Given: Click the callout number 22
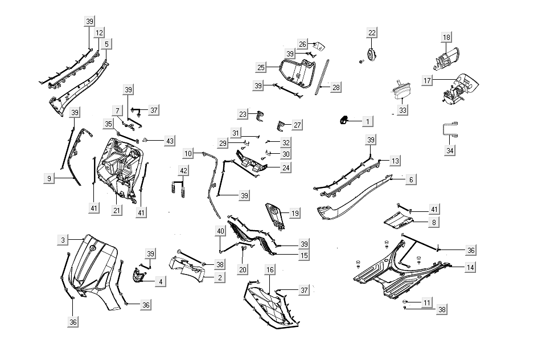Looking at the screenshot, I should tap(372, 33).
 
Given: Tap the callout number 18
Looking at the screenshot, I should tap(446, 38).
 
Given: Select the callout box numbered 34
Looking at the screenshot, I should tap(451, 150).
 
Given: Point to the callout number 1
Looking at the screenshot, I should tap(368, 121).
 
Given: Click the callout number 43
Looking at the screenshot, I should tap(170, 141).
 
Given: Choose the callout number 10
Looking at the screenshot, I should tap(188, 153).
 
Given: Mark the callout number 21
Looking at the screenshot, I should tap(117, 210).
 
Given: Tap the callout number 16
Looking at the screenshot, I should tap(270, 269).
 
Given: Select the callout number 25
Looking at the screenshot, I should tap(261, 67).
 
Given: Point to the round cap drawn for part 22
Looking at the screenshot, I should tap(372, 55).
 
